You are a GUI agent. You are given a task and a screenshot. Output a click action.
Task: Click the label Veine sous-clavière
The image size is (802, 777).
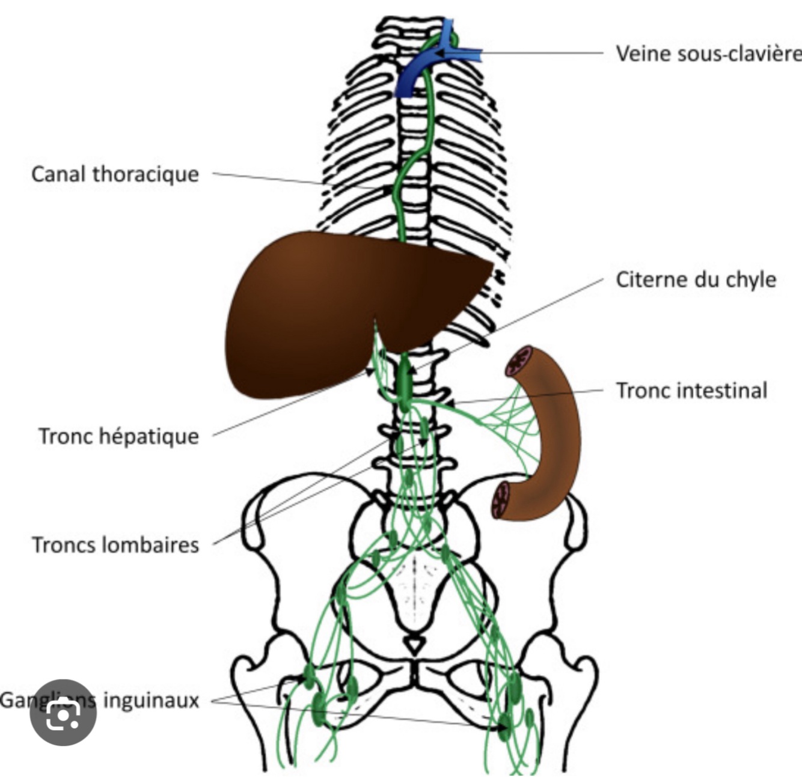pos(708,53)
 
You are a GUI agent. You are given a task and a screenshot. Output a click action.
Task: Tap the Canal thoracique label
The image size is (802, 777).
pos(115,174)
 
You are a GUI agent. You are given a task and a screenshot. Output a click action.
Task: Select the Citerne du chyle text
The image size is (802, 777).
pos(696,279)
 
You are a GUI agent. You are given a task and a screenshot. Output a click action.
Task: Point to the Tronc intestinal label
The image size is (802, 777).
pos(691,391)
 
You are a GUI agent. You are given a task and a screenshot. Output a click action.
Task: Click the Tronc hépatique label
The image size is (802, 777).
pos(118,436)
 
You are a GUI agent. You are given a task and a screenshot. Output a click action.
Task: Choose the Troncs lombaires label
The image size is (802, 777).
pos(115,545)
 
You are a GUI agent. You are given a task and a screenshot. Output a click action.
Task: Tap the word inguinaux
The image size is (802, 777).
pos(151,701)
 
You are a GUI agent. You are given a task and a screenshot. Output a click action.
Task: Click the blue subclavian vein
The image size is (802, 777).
pos(421,69)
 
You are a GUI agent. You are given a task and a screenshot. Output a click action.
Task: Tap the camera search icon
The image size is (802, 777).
pos(63,713)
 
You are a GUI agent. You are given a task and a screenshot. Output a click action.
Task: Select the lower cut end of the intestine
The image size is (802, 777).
pos(501,500)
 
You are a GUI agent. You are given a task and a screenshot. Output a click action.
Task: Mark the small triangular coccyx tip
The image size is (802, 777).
pos(413,646)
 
